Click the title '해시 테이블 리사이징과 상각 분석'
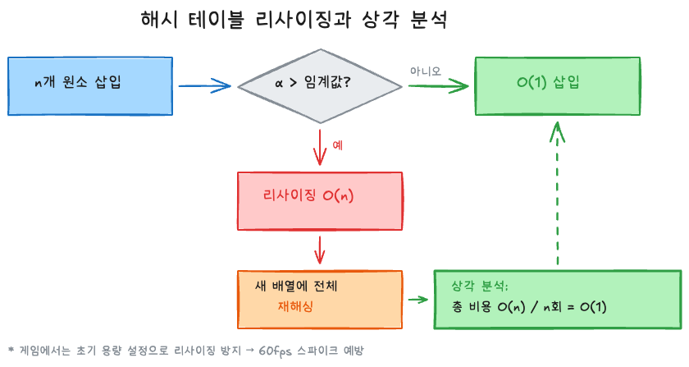tap(294, 20)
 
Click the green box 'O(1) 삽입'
tap(558, 85)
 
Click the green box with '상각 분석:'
tap(558, 299)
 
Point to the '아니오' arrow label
tap(426, 71)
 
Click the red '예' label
tap(337, 145)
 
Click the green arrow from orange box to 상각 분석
tap(418, 299)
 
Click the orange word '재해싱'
tap(295, 306)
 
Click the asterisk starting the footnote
tap(11, 348)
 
